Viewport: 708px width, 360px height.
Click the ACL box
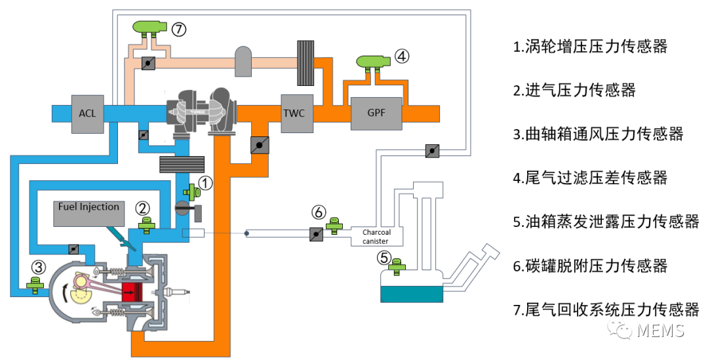click(x=88, y=114)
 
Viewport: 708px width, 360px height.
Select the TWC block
click(x=297, y=113)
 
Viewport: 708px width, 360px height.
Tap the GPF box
click(x=376, y=113)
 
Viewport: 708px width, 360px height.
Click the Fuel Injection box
click(x=89, y=213)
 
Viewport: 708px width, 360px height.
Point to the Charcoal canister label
click(x=376, y=237)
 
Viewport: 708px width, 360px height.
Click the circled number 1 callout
click(x=205, y=183)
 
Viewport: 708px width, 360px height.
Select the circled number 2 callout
click(x=143, y=209)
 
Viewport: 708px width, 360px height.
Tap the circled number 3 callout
click(x=39, y=268)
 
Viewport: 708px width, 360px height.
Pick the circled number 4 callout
click(x=402, y=56)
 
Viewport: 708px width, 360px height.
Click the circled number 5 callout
click(x=383, y=258)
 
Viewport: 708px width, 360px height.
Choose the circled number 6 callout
click(x=319, y=212)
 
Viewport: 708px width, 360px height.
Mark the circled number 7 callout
click(x=179, y=30)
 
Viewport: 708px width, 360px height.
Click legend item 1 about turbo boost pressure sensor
click(x=590, y=47)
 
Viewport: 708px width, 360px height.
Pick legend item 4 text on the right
click(x=590, y=178)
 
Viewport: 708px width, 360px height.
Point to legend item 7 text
click(x=606, y=310)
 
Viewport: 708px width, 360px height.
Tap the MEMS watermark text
click(x=661, y=330)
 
